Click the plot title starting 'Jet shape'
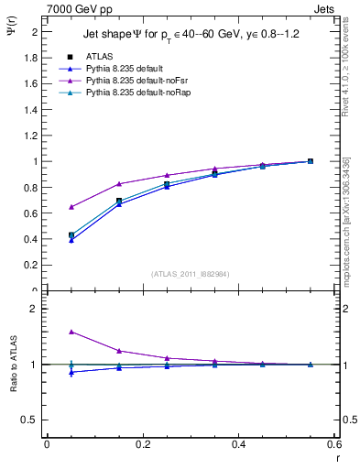point(191,35)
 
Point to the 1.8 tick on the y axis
point(33,58)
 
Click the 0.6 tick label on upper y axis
point(33,213)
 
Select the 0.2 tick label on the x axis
point(142,444)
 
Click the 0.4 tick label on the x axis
point(238,444)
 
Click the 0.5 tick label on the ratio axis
point(31,420)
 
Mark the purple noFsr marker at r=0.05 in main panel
point(71,207)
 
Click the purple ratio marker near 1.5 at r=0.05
point(71,332)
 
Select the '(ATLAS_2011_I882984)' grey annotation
point(190,274)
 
